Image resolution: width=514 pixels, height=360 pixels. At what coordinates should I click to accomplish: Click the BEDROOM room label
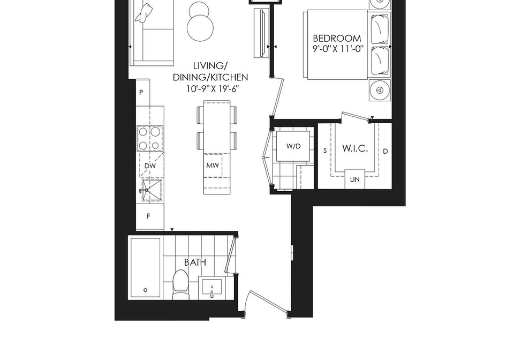[337, 39]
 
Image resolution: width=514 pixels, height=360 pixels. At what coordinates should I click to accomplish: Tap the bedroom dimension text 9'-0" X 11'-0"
[338, 49]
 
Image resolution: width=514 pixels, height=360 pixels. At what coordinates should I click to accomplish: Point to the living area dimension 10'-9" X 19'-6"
[211, 88]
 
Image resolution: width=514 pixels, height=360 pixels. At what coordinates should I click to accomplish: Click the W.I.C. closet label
[355, 148]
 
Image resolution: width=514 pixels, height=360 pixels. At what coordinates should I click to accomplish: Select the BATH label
[195, 262]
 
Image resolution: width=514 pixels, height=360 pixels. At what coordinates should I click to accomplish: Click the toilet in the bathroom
[181, 284]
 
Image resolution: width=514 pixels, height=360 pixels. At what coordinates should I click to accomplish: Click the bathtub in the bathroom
[146, 268]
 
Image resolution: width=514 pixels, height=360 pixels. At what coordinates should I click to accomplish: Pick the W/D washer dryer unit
[293, 146]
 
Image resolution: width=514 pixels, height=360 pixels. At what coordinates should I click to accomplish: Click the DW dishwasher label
[150, 166]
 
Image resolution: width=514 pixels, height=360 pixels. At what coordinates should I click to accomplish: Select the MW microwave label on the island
[213, 166]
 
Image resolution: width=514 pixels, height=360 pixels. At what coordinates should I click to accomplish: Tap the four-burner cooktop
[150, 138]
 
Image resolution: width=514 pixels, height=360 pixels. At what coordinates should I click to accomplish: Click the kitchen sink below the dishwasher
[152, 190]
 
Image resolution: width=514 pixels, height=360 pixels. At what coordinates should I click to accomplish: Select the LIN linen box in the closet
[354, 179]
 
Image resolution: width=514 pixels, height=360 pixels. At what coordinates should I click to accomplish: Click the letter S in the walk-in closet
[325, 151]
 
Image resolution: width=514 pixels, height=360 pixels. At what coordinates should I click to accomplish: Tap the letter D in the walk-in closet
[385, 151]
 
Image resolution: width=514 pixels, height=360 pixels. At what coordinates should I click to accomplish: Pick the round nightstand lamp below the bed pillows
[380, 90]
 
